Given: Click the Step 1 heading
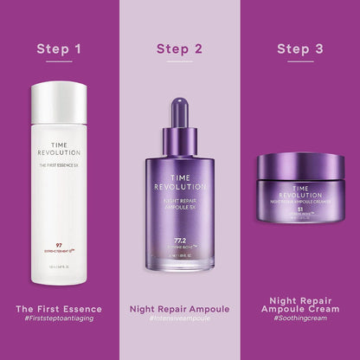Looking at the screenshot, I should click(59, 48).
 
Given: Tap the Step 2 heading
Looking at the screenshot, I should click(179, 48).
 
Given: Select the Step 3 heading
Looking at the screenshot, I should click(299, 48).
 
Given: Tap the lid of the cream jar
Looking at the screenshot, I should click(299, 165).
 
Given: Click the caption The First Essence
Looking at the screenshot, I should click(59, 308).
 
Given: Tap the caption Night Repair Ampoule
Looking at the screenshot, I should click(179, 308).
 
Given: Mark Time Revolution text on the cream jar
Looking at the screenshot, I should click(299, 190).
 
